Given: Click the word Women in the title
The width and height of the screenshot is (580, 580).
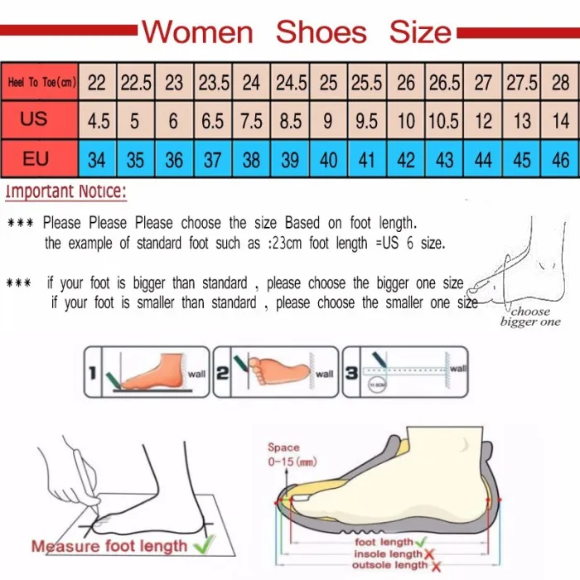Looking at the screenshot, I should (197, 32).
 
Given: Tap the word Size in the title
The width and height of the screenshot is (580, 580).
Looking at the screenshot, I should (420, 32).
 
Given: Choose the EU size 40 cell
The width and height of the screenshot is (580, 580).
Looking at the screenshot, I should (329, 158).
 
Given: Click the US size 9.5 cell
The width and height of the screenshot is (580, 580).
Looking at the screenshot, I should (367, 121).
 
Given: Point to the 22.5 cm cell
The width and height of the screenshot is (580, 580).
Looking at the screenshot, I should (136, 83).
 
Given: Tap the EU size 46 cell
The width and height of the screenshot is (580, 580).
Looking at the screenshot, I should (560, 158).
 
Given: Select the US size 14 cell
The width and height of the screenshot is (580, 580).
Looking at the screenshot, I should (560, 121).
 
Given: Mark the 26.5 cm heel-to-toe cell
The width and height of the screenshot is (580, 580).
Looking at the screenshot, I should (444, 83).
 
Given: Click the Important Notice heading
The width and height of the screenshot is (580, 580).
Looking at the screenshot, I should (66, 192).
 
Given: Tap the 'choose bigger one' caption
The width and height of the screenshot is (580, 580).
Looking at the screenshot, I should (530, 317).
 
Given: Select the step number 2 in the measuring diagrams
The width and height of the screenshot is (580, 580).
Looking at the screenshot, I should (222, 374).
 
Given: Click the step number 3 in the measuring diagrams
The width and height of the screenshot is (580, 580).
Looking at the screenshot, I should (351, 374).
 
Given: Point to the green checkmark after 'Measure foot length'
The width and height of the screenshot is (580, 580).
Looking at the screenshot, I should (203, 544).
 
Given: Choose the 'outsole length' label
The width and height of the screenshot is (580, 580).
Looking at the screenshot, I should (389, 565).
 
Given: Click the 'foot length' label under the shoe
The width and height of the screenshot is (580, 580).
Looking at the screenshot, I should (384, 543).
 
